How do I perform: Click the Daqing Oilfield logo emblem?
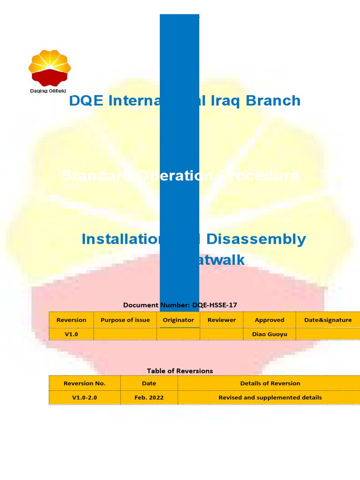[x=49, y=68]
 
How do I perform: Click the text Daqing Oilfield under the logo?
[x=48, y=91]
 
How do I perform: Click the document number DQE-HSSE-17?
[x=215, y=305]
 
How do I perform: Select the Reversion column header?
[x=71, y=320]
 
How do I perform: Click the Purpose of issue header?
[x=125, y=320]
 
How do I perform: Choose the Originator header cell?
[x=178, y=320]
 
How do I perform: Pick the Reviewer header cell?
[x=222, y=320]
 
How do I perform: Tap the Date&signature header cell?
[x=328, y=320]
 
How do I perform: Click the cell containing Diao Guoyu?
[x=270, y=334]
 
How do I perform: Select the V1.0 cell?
[x=71, y=334]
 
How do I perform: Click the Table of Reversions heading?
[x=180, y=371]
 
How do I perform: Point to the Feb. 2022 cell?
[x=149, y=397]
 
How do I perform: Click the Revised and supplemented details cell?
[x=270, y=397]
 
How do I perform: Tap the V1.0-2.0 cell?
[x=84, y=397]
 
